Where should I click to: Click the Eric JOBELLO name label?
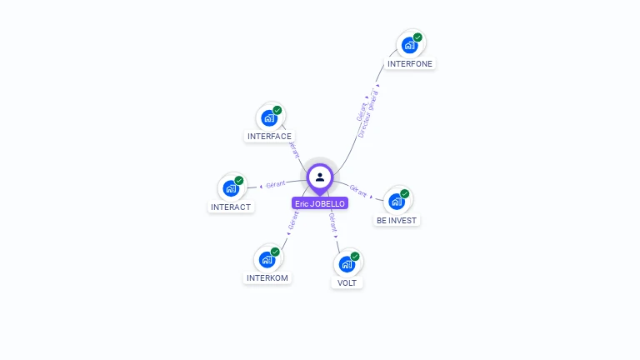[320, 203]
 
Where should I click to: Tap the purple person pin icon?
[320, 177]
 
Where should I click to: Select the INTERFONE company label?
[411, 63]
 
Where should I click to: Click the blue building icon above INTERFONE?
[409, 45]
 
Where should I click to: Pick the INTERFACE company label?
[269, 136]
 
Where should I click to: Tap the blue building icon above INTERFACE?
[268, 117]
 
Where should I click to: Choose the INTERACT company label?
[231, 207]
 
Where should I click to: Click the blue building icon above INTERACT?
[230, 188]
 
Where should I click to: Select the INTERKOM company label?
[267, 277]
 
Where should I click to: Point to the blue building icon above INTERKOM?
[267, 259]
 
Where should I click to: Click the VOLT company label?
[347, 282]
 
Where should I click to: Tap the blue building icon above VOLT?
[346, 264]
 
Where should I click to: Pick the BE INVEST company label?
[397, 221]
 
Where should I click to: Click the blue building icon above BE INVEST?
[396, 201]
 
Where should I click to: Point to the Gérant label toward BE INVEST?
[358, 192]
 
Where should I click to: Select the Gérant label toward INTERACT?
[276, 183]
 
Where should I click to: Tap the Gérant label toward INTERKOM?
[293, 221]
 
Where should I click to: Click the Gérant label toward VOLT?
[333, 222]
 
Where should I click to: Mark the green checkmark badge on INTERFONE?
[417, 37]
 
